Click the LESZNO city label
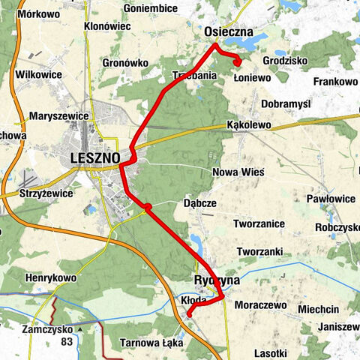(94, 158)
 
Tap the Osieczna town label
(229, 32)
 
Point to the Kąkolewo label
(248, 125)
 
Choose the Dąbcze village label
(199, 203)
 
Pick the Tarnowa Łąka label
(151, 343)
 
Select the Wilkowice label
(37, 75)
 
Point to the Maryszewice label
(60, 116)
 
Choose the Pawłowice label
(331, 199)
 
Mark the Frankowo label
(335, 81)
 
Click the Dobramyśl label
(286, 103)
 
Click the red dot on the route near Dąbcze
(148, 207)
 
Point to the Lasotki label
(270, 352)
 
